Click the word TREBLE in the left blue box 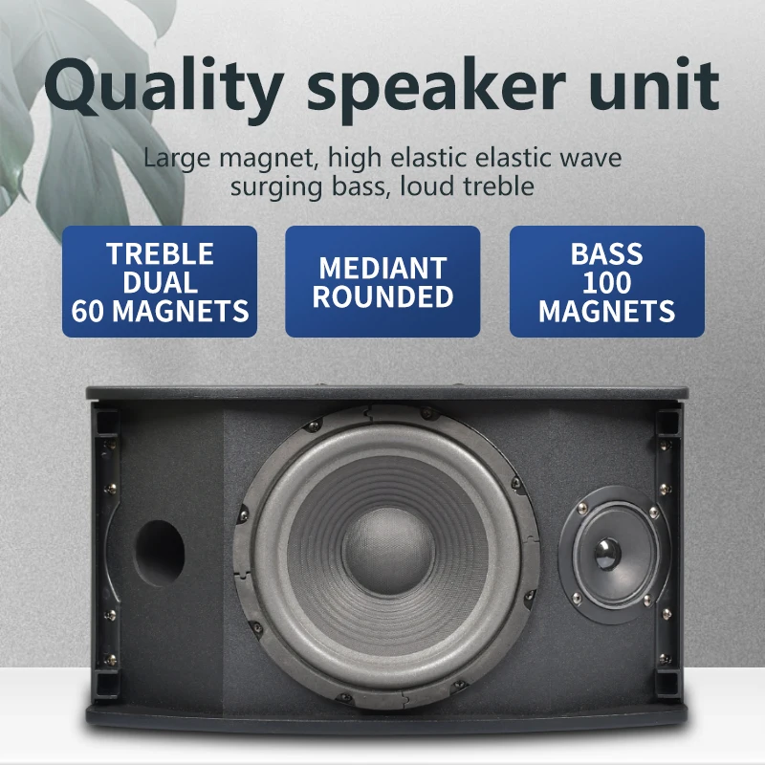[160, 254]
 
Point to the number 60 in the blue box [94, 310]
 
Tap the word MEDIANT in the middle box [382, 268]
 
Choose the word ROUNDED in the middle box [382, 296]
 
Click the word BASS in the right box [606, 254]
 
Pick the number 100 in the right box [606, 282]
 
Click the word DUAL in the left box [160, 282]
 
